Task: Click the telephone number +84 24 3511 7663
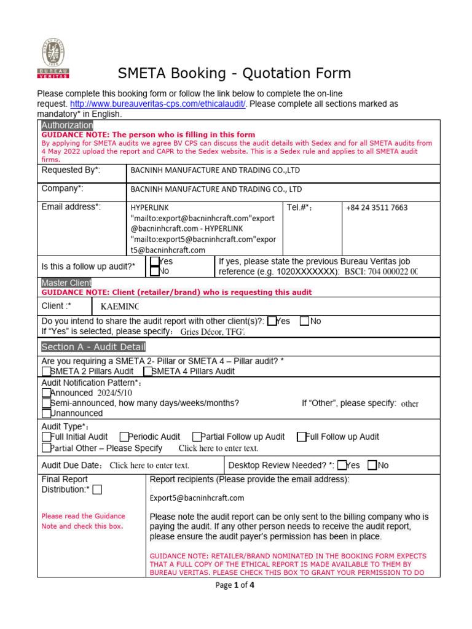click(x=376, y=208)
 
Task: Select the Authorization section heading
click(x=67, y=125)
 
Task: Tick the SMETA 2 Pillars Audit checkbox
click(x=47, y=371)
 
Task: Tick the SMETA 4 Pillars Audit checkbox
click(x=147, y=371)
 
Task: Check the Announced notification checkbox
click(x=47, y=393)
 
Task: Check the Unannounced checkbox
click(x=47, y=413)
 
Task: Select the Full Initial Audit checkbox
click(x=47, y=437)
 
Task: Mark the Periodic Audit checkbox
click(x=124, y=437)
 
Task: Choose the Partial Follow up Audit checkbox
click(x=197, y=437)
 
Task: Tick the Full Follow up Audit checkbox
click(x=301, y=437)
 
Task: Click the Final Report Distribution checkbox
click(x=97, y=490)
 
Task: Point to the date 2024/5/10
click(x=114, y=393)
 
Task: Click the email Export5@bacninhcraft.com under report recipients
click(x=197, y=498)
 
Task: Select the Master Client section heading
click(x=66, y=283)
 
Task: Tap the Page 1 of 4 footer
click(x=234, y=585)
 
